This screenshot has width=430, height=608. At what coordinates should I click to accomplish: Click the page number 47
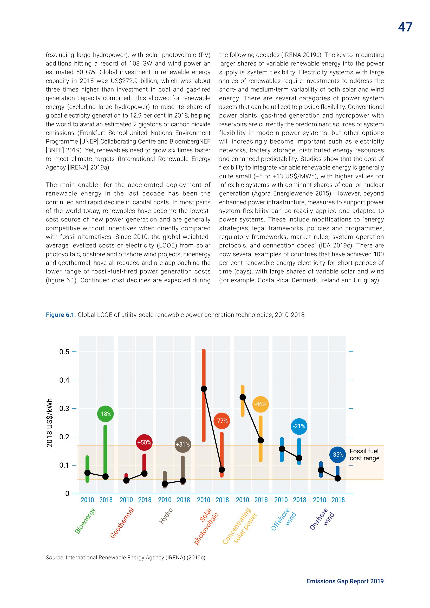tap(405, 27)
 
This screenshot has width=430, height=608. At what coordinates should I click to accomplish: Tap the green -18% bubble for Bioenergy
tap(105, 413)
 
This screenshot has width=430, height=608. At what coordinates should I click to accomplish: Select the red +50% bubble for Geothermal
tap(144, 442)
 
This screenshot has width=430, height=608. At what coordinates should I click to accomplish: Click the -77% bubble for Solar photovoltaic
tap(221, 421)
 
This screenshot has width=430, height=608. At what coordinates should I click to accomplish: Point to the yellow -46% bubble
tap(260, 404)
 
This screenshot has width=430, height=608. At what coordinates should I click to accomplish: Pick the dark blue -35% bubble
tap(338, 455)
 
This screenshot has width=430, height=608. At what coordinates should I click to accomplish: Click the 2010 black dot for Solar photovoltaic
tap(204, 389)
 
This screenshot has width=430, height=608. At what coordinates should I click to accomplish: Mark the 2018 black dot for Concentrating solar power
tap(260, 440)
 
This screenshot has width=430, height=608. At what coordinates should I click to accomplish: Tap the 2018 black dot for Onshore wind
tap(338, 478)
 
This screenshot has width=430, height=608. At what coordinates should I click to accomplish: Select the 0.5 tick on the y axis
tap(74, 352)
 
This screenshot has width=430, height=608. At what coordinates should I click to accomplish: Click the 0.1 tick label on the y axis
tap(64, 465)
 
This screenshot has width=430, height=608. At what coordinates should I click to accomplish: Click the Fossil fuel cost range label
tap(364, 455)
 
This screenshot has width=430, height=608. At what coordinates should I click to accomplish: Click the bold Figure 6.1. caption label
tap(61, 315)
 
